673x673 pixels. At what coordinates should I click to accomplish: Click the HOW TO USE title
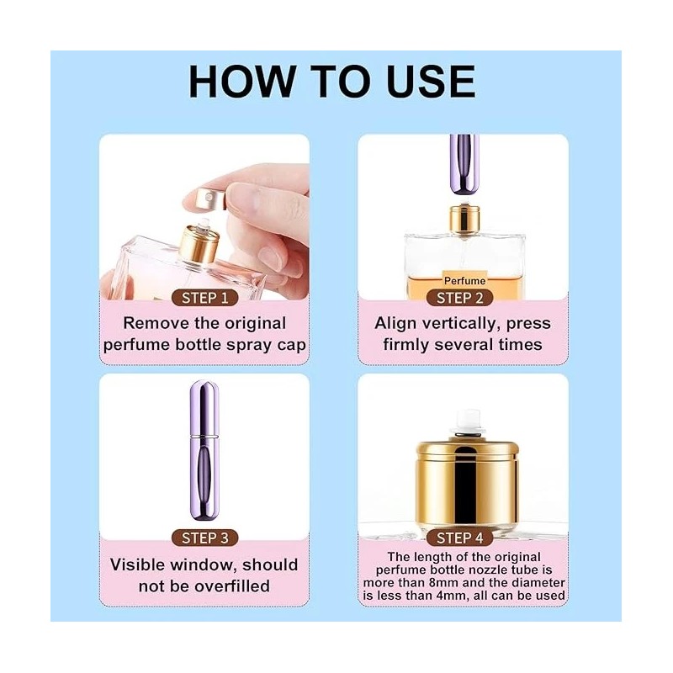pyautogui.click(x=331, y=82)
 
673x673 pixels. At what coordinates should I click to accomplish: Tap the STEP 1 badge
pyautogui.click(x=204, y=298)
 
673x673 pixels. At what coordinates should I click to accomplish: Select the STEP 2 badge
pyautogui.click(x=459, y=298)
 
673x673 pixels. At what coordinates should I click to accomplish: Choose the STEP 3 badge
pyautogui.click(x=204, y=537)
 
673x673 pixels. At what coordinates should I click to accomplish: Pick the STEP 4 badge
pyautogui.click(x=459, y=537)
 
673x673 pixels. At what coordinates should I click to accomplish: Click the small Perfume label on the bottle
pyautogui.click(x=464, y=279)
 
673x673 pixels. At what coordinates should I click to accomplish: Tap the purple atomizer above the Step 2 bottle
pyautogui.click(x=461, y=160)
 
